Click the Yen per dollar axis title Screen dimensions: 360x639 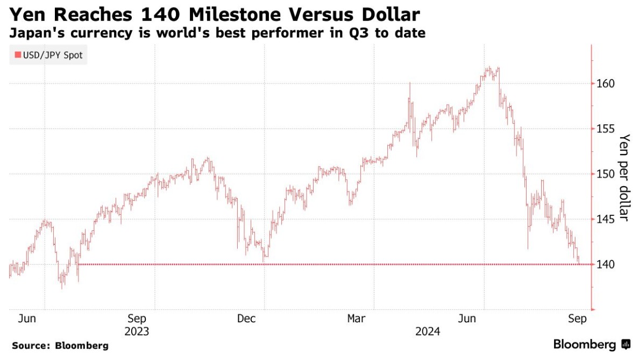pyautogui.click(x=624, y=177)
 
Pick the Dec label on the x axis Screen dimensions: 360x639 pyautogui.click(x=247, y=319)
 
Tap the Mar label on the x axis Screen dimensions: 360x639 pyautogui.click(x=357, y=319)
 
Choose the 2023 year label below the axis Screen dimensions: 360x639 pyautogui.click(x=137, y=331)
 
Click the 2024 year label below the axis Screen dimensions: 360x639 pyautogui.click(x=428, y=331)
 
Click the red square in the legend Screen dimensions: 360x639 pyautogui.click(x=17, y=55)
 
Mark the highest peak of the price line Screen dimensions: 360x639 pyautogui.click(x=489, y=68)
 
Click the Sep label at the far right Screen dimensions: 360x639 pyautogui.click(x=577, y=319)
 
